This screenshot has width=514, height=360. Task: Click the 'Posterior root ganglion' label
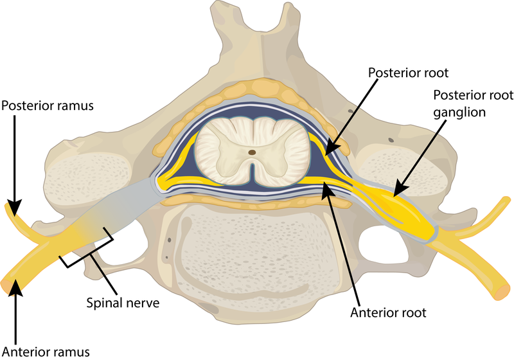pyautogui.click(x=473, y=104)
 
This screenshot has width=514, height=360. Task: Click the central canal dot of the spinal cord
pyautogui.click(x=252, y=152)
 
